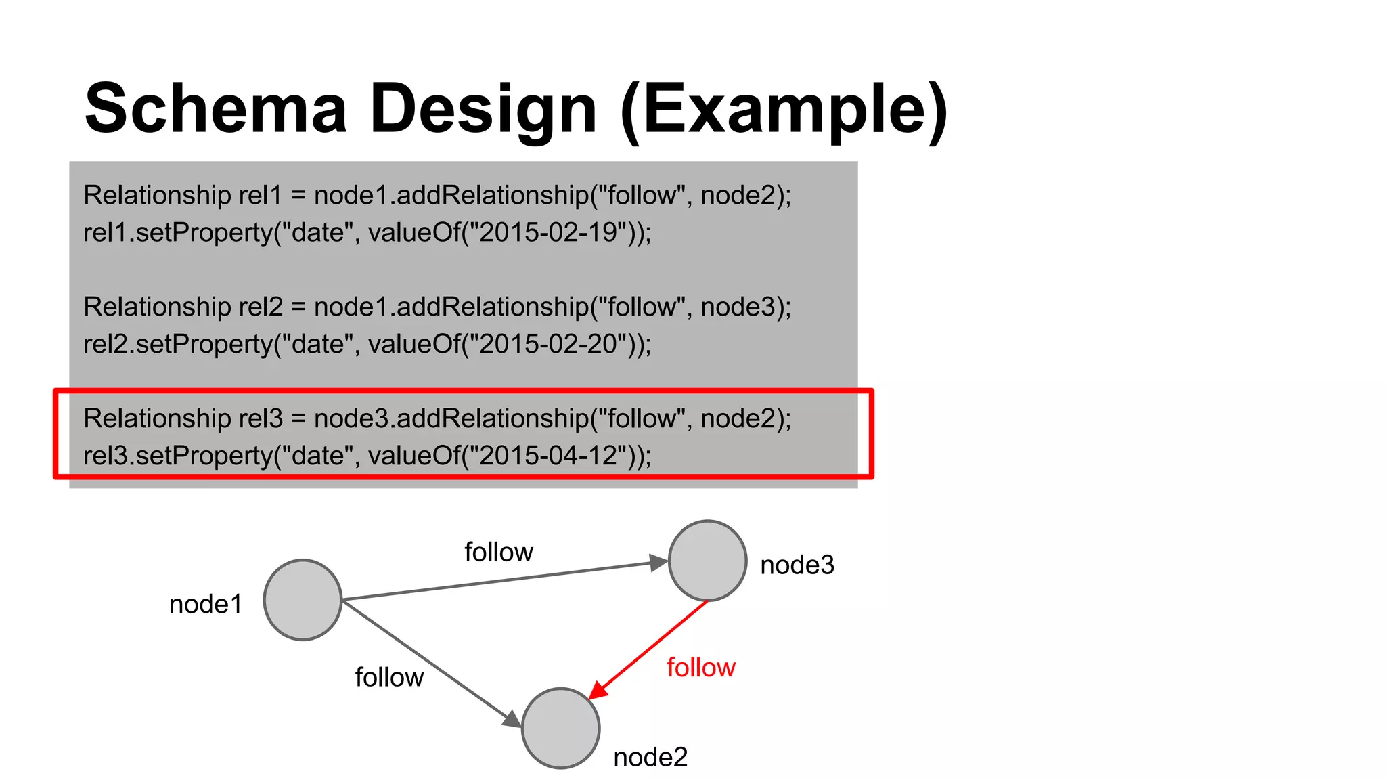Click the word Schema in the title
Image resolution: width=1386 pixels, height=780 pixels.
pos(216,108)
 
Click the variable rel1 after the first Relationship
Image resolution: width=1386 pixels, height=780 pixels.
pos(261,196)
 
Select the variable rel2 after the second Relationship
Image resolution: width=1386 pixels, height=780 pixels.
pos(261,307)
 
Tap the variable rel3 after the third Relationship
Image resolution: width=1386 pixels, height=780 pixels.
pos(261,419)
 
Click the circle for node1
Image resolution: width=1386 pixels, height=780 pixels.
pos(303,600)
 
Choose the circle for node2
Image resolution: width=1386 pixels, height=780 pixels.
pos(561,729)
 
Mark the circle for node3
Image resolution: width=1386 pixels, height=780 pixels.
pos(707,561)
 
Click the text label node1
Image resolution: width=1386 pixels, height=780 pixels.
pos(206,604)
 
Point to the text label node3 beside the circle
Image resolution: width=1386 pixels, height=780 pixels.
pos(797,565)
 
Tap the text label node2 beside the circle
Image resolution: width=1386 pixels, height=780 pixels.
pos(650,757)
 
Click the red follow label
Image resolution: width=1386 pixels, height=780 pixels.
pos(701,668)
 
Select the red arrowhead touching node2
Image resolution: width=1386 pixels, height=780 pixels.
pos(598,690)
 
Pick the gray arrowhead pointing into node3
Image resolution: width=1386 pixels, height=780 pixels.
pos(658,563)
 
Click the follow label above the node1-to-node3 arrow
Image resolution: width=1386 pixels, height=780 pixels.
pos(499,552)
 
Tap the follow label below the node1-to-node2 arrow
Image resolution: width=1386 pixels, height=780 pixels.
pos(389,677)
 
